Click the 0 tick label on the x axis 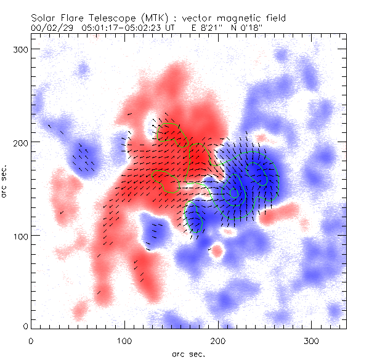31,340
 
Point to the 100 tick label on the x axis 124,340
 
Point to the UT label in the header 176,27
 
